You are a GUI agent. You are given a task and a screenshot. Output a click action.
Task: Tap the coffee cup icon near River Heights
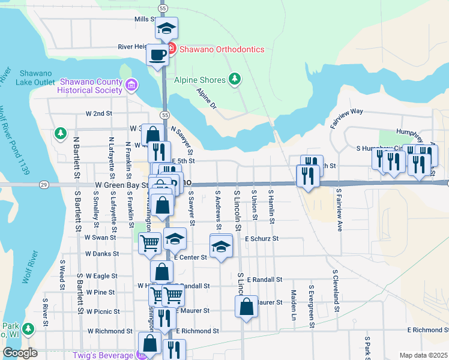coord(158,55)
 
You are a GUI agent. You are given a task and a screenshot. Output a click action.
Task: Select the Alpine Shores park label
coord(200,80)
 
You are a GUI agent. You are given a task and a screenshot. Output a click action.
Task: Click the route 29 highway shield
coord(43,184)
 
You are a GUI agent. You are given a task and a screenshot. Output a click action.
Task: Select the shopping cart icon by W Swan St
coord(149,243)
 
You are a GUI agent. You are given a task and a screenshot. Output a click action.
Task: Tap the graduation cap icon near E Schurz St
coord(221,246)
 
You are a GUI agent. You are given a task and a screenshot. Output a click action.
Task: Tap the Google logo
coord(20,353)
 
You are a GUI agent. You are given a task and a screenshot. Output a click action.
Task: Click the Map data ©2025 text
coord(423,355)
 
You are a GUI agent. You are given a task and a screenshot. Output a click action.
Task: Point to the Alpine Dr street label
coord(206,98)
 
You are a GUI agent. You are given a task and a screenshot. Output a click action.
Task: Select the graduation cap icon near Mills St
coord(166,28)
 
